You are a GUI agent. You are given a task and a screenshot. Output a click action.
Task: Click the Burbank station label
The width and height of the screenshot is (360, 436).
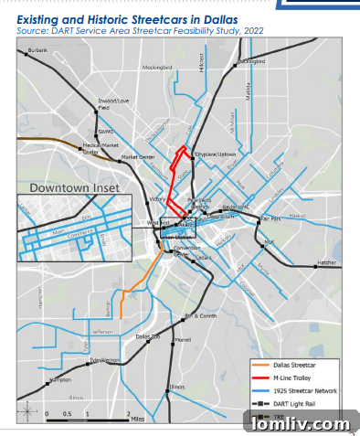coord(37,51)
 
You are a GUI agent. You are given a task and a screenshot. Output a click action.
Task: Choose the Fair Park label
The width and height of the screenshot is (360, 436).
coord(270,219)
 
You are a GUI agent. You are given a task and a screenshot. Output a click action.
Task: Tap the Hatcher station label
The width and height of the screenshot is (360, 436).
coord(326,263)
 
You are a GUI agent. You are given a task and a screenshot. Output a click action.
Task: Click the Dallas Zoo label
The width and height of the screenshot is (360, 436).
coord(148,338)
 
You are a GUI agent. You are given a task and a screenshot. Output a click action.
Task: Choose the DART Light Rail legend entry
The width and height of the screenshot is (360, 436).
coord(296,403)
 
